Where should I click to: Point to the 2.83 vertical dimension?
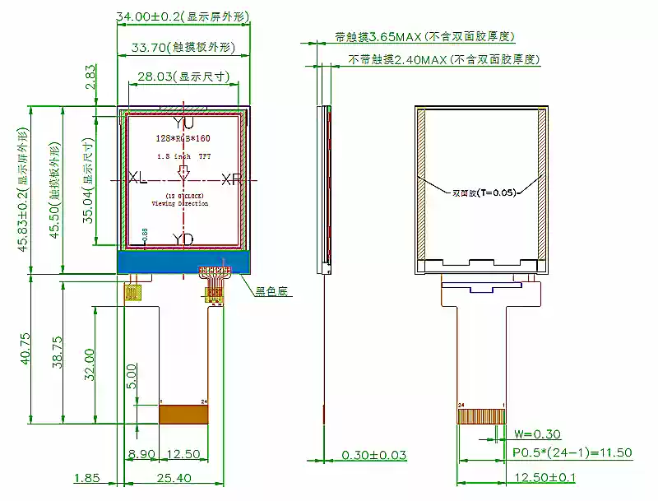click(90, 77)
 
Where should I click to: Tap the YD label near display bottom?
click(183, 239)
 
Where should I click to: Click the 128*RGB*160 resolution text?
click(183, 140)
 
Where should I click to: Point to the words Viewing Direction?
click(183, 202)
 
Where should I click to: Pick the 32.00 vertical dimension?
click(90, 364)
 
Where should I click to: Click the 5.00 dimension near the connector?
click(131, 378)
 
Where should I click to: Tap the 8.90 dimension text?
click(141, 454)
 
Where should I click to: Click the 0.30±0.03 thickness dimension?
click(374, 455)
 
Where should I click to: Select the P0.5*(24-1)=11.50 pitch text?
click(572, 452)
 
